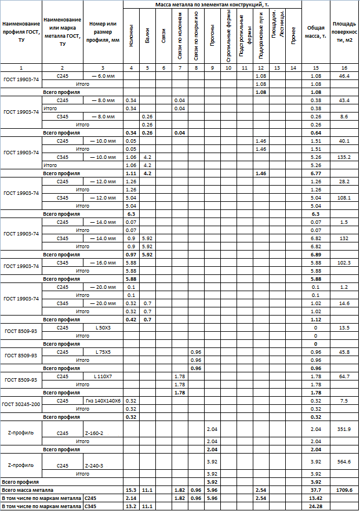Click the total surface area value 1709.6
tap(344, 490)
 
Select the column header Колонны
tap(132, 35)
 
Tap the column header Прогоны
tap(212, 35)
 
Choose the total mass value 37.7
tap(317, 490)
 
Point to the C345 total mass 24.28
tap(317, 506)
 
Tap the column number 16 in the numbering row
tap(344, 68)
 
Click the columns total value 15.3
tap(132, 490)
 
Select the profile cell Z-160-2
tap(94, 433)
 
